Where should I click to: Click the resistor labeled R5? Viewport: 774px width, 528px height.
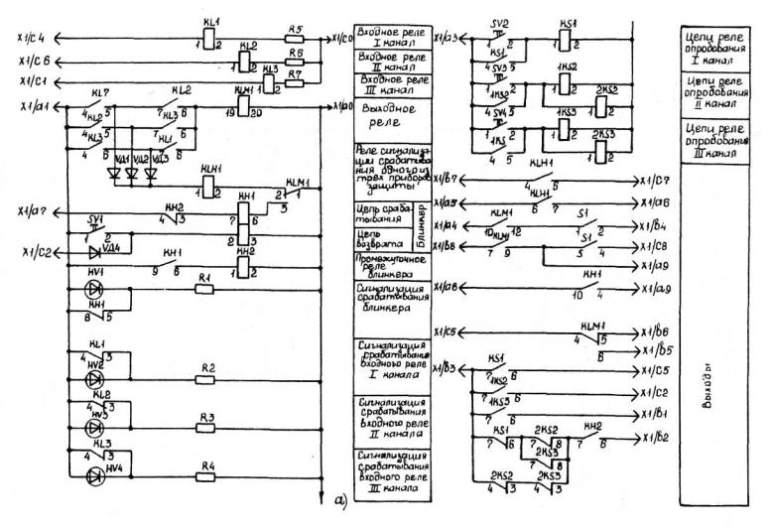pyautogui.click(x=293, y=38)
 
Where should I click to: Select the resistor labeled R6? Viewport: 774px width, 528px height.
pyautogui.click(x=293, y=62)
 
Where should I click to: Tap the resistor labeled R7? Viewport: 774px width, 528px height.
pyautogui.click(x=294, y=82)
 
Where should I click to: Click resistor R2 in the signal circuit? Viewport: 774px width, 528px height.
pyautogui.click(x=207, y=380)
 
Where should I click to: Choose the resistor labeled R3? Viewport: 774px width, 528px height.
pyautogui.click(x=207, y=428)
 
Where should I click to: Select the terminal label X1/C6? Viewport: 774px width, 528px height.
pyautogui.click(x=36, y=62)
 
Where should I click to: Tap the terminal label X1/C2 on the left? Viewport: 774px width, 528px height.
pyautogui.click(x=34, y=254)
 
